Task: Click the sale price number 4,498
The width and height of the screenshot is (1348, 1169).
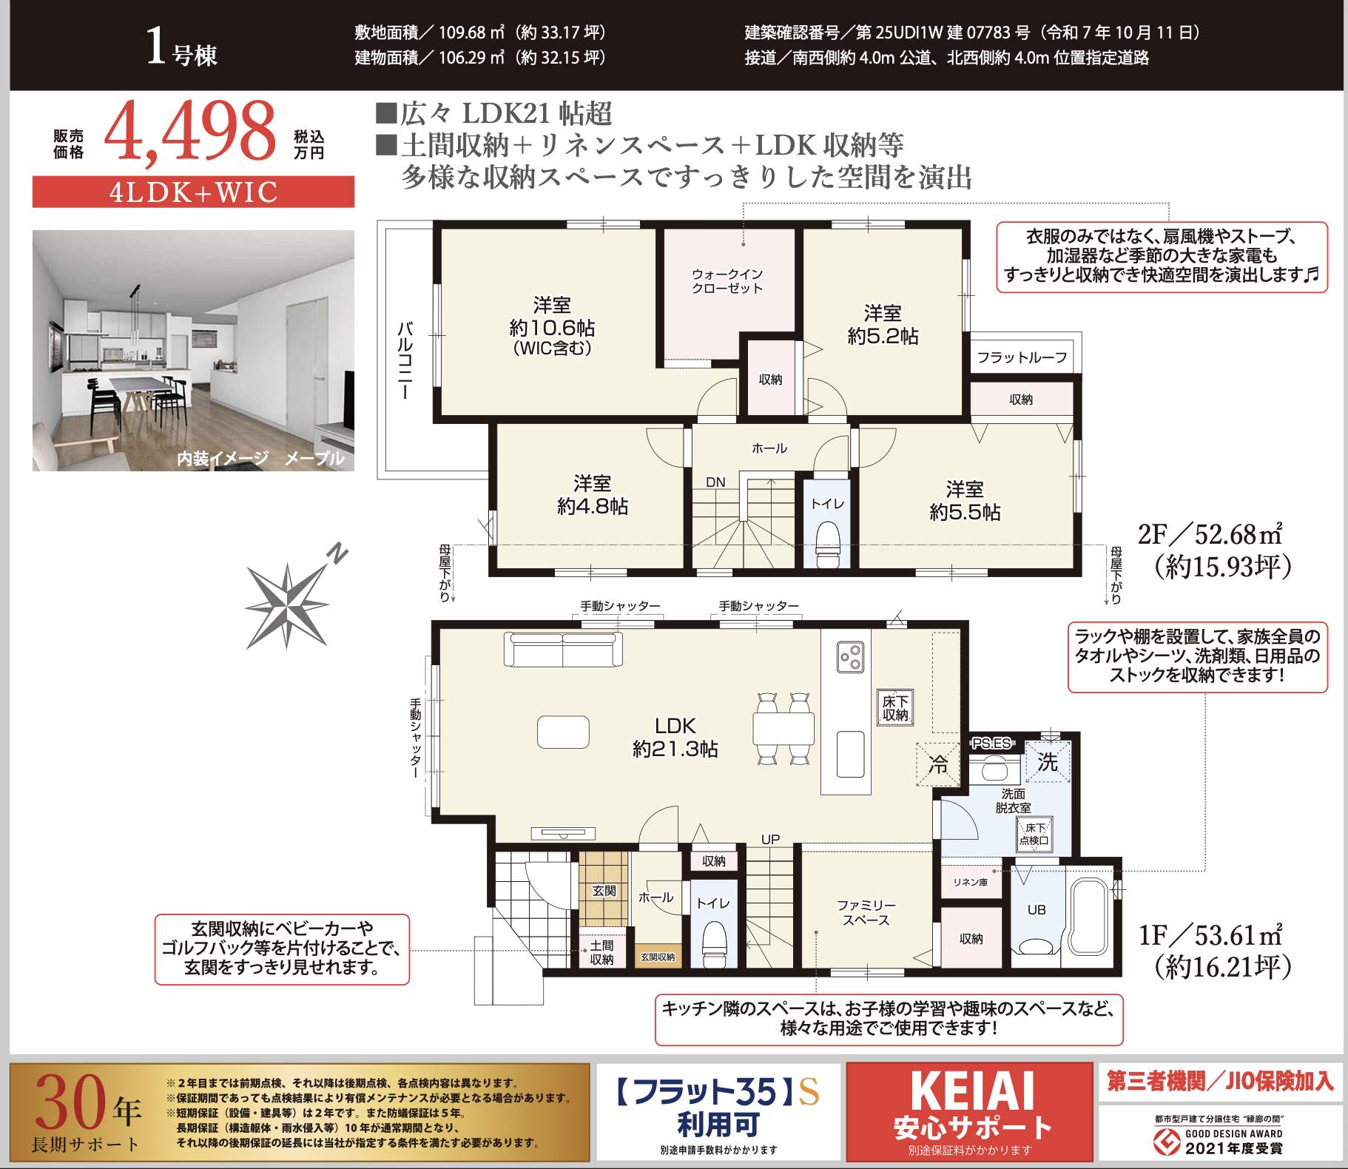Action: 190,132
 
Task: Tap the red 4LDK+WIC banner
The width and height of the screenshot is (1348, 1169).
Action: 193,192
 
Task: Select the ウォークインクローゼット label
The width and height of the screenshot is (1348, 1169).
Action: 727,281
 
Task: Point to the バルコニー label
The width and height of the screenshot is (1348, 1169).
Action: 405,361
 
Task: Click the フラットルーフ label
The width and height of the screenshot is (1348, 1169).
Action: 1022,358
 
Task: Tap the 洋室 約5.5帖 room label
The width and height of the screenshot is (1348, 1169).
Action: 965,501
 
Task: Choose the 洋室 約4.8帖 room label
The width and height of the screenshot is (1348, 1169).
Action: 592,495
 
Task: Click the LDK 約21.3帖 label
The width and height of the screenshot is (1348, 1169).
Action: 675,738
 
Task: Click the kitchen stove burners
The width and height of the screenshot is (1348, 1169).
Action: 850,658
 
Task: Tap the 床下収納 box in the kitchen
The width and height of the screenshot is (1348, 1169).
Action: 895,707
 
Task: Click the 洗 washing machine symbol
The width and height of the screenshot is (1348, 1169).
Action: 1048,762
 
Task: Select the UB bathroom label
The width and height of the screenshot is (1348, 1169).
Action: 1037,910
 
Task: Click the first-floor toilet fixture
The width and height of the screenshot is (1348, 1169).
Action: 714,939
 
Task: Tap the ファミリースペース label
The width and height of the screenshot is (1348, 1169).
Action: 866,913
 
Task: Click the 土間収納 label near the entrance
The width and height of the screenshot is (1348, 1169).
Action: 601,952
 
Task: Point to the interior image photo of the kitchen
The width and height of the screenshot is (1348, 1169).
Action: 193,351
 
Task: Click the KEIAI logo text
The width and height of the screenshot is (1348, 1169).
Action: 972,1091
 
